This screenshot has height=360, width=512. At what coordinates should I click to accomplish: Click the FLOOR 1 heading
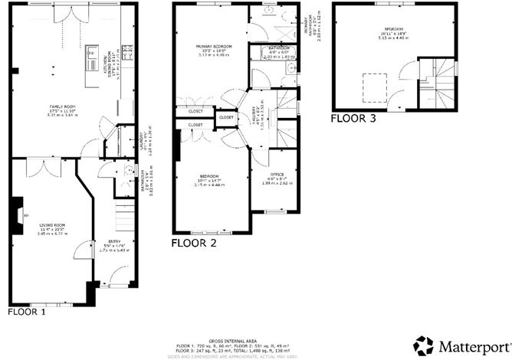pyautogui.click(x=27, y=312)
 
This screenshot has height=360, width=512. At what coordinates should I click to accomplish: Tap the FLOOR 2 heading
pyautogui.click(x=194, y=244)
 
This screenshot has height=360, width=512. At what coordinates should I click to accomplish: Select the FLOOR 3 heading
pyautogui.click(x=353, y=119)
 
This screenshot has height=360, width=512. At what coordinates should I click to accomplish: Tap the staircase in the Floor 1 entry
pyautogui.click(x=122, y=207)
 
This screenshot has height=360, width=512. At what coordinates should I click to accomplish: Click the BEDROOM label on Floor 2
pyautogui.click(x=206, y=176)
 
